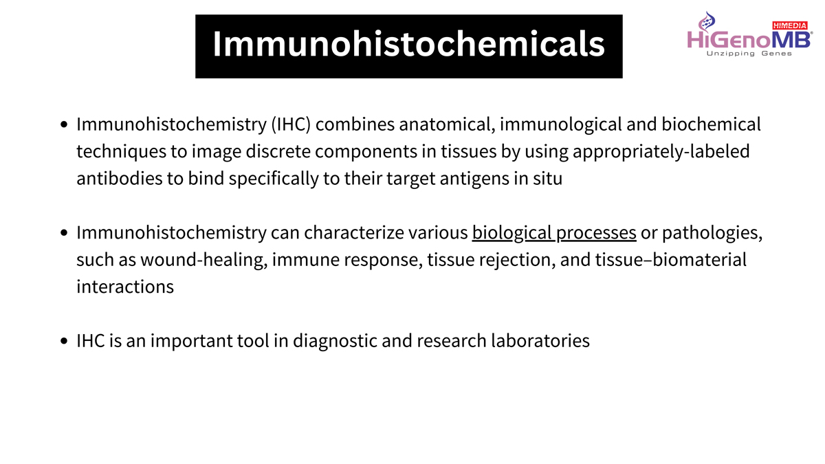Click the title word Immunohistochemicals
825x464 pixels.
(409, 44)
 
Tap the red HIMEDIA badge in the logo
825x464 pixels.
(790, 25)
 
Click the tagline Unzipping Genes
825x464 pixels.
(749, 54)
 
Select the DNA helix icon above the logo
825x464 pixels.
(707, 21)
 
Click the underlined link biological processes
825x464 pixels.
(554, 233)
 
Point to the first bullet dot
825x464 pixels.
(64, 124)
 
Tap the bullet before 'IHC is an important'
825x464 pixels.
(64, 341)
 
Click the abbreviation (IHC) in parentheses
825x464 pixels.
(291, 124)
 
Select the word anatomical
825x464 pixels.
(447, 124)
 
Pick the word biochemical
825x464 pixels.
(711, 124)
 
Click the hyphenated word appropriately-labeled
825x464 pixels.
(661, 152)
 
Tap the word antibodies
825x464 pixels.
(120, 179)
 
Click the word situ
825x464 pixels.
(548, 179)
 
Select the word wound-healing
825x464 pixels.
(203, 260)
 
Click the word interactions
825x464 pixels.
(125, 287)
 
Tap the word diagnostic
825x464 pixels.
(335, 341)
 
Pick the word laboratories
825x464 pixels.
(540, 341)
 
